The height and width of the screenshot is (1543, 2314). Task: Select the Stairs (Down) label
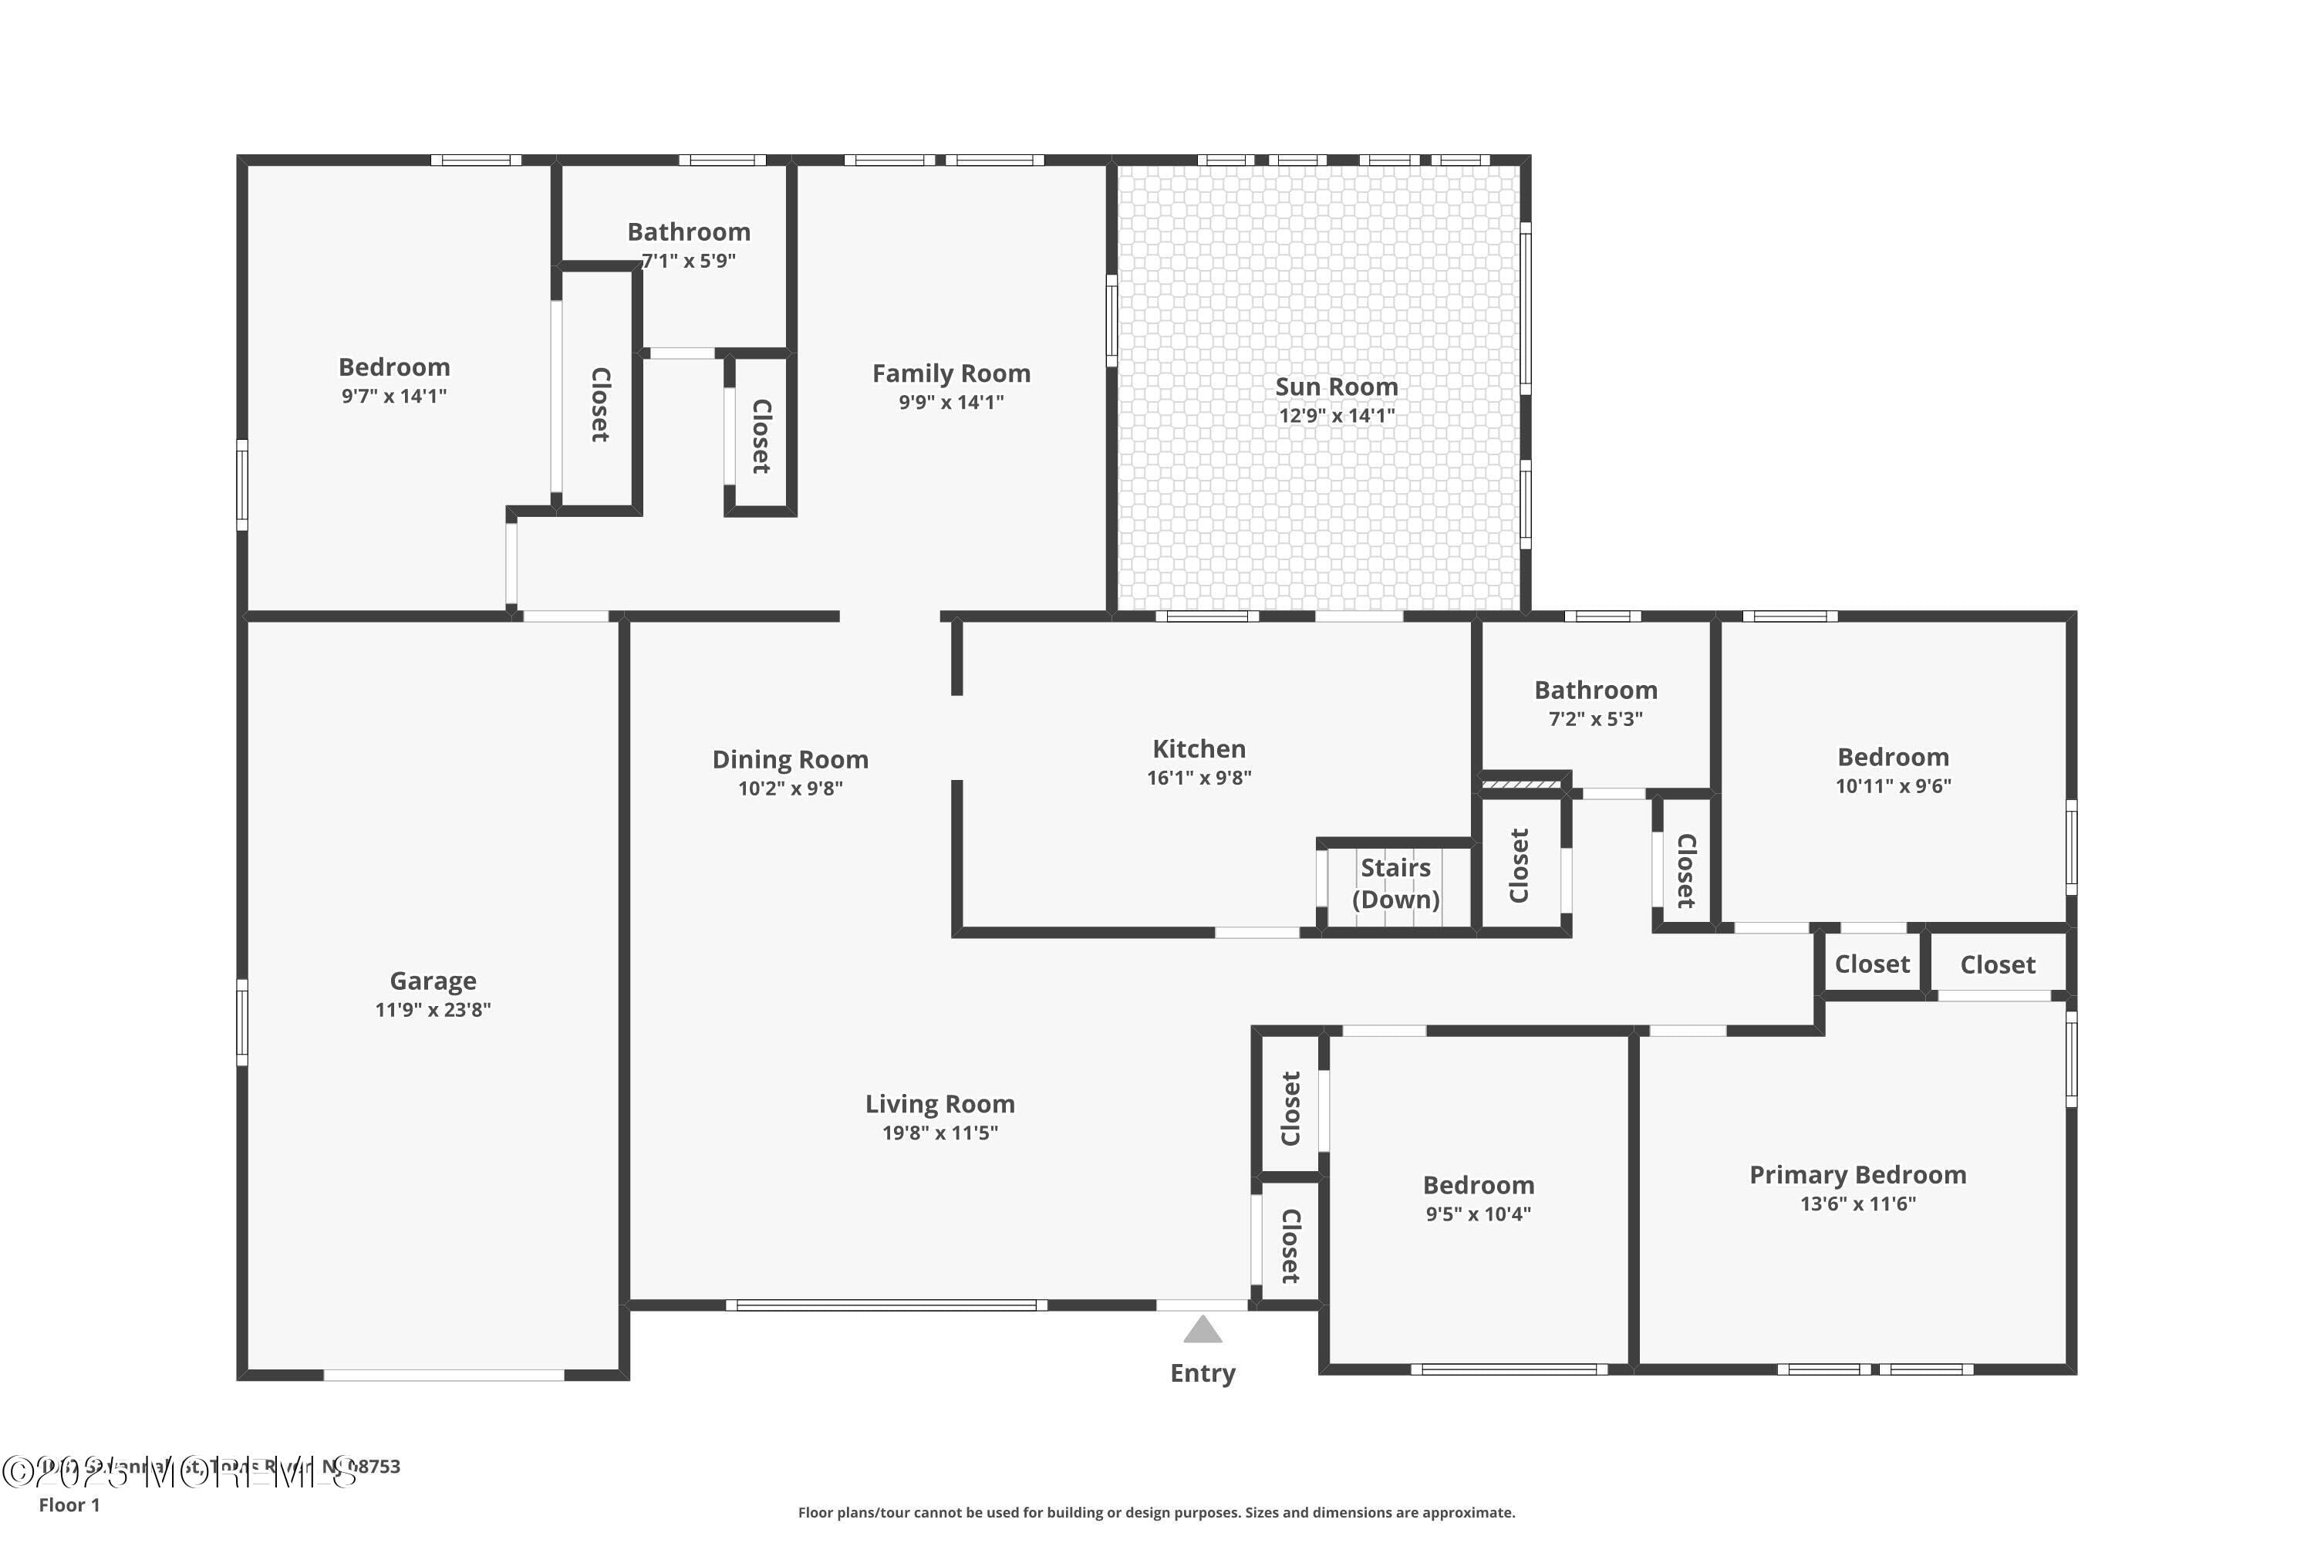point(1395,883)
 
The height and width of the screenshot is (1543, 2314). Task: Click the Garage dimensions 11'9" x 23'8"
point(433,1010)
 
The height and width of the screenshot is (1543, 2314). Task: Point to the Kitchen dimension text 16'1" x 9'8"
point(1199,778)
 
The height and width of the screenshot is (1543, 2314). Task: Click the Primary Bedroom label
point(1857,1175)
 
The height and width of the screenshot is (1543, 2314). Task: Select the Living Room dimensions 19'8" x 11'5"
point(939,1133)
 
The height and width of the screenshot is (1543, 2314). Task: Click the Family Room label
point(950,374)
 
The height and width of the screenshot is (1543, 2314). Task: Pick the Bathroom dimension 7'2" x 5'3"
point(1595,719)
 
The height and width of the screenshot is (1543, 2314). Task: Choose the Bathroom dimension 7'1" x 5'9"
point(689,261)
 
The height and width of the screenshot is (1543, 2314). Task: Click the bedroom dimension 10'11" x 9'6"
point(1893,786)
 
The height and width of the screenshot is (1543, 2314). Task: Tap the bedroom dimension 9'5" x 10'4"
point(1478,1214)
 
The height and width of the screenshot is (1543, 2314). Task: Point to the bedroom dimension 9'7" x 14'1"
point(393,397)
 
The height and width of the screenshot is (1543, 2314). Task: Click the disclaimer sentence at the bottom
point(1156,1512)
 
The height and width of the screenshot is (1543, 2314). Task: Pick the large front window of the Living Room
point(886,1306)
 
